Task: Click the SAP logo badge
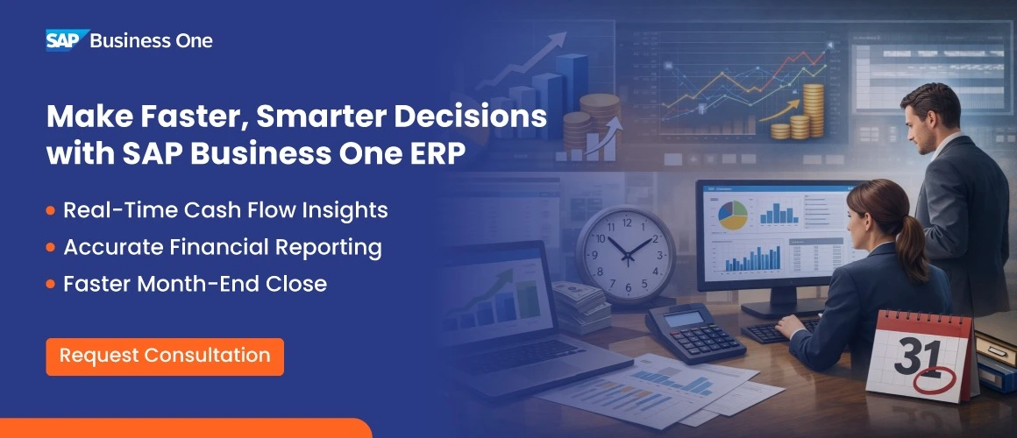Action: (66, 40)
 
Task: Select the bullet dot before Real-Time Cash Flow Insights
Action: (51, 211)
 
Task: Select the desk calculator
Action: (695, 331)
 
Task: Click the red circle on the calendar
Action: (931, 382)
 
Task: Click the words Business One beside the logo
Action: (152, 40)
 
